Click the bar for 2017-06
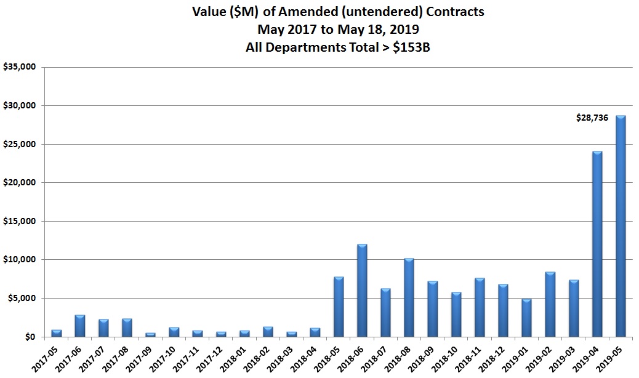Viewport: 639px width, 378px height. point(79,326)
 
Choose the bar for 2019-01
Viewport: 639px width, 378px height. point(526,318)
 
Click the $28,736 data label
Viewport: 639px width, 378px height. point(592,118)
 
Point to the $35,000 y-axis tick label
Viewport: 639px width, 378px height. point(19,67)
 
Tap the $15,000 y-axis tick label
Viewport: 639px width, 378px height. point(19,222)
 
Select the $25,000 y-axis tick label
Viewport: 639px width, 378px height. point(19,145)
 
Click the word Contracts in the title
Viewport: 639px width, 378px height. point(450,11)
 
